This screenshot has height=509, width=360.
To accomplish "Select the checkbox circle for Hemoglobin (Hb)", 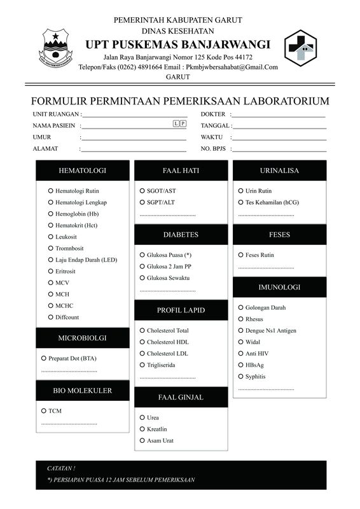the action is (x=50, y=214).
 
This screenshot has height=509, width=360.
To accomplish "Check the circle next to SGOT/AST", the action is (x=142, y=191).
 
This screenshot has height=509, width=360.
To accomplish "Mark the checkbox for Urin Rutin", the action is (x=240, y=191).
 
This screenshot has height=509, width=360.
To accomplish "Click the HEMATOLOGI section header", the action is (x=82, y=171).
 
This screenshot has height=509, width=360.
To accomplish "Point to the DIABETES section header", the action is (x=181, y=235).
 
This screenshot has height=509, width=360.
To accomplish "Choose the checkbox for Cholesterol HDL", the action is (x=142, y=342).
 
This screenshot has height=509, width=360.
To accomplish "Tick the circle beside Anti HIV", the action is (x=240, y=354).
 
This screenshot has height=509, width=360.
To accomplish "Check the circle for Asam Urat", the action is (x=142, y=440).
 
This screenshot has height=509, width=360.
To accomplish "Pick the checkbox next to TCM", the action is (x=43, y=411).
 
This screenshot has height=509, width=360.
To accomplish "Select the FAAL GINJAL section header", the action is (x=181, y=397).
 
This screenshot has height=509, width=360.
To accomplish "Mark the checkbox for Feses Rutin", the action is (x=240, y=255).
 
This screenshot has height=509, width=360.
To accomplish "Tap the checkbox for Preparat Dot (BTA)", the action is (x=43, y=358).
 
